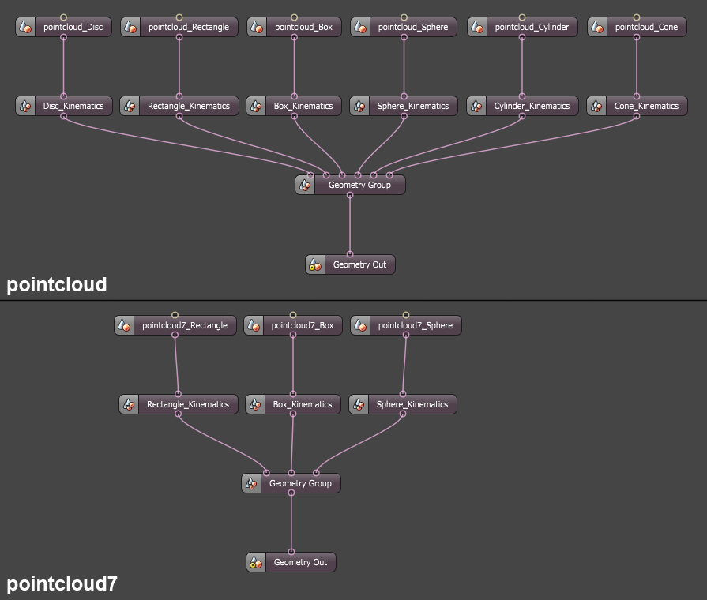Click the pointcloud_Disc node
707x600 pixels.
click(73, 28)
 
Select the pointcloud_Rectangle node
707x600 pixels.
click(188, 28)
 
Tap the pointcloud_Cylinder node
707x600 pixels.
click(532, 28)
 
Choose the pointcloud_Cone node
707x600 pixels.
click(646, 28)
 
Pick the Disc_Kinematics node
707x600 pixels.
click(73, 106)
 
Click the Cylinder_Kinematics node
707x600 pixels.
click(532, 106)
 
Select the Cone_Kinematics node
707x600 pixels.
click(646, 106)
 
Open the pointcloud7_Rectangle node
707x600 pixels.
click(184, 325)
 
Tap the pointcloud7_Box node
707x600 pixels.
click(302, 325)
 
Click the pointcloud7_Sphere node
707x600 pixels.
click(416, 325)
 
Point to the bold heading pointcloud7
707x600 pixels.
click(62, 584)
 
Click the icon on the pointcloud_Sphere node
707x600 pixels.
click(360, 28)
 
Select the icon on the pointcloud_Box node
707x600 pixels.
click(257, 28)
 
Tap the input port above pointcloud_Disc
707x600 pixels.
click(64, 17)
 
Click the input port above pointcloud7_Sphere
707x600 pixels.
click(406, 314)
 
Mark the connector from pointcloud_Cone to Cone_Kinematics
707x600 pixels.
click(637, 66)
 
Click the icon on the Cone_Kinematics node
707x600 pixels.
click(596, 106)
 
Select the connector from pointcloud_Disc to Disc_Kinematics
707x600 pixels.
click(64, 66)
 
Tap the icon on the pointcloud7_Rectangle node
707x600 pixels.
click(124, 325)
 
